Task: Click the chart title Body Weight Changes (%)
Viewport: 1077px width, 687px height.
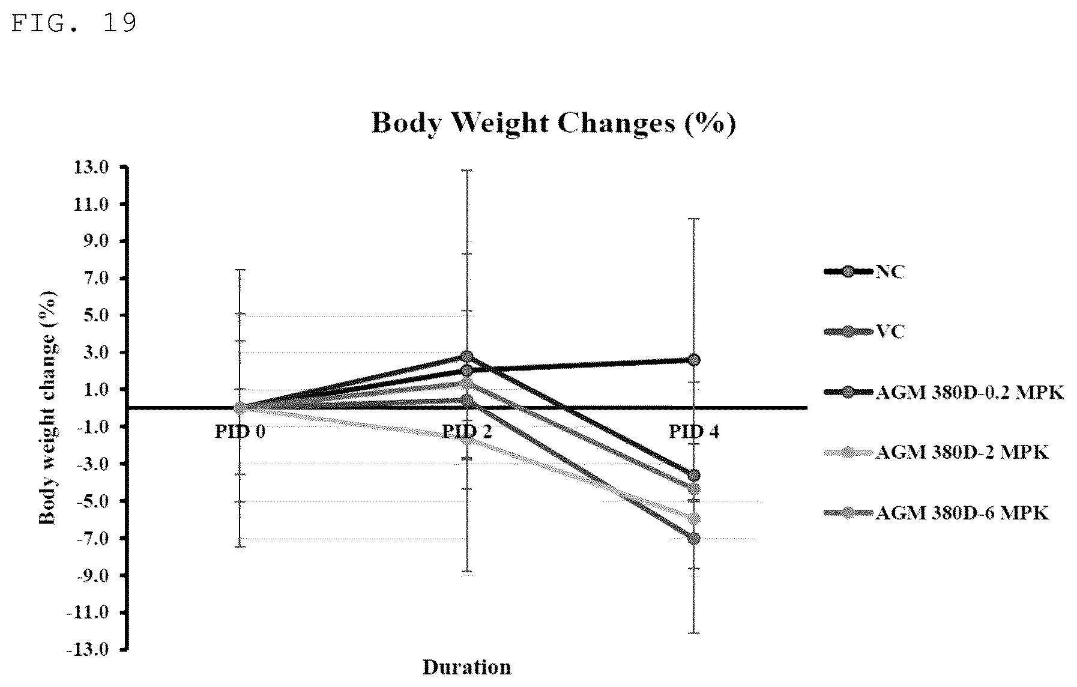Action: (554, 123)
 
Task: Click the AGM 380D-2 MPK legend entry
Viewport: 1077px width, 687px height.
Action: (937, 452)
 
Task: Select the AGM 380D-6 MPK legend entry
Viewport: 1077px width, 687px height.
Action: (937, 513)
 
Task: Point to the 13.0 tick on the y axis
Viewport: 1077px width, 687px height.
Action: (92, 168)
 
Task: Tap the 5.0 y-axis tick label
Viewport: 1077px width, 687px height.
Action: (96, 316)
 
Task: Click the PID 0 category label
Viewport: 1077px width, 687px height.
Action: (240, 432)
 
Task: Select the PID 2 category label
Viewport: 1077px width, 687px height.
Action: (467, 432)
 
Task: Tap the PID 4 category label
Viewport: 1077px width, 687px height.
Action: (694, 432)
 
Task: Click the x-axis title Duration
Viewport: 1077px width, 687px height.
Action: (467, 667)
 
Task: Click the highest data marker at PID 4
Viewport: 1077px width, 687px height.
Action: (694, 360)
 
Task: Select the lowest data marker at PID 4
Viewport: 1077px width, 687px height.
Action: (694, 538)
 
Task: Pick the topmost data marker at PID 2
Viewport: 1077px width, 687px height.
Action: (467, 357)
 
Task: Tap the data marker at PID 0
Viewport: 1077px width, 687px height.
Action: (240, 408)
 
